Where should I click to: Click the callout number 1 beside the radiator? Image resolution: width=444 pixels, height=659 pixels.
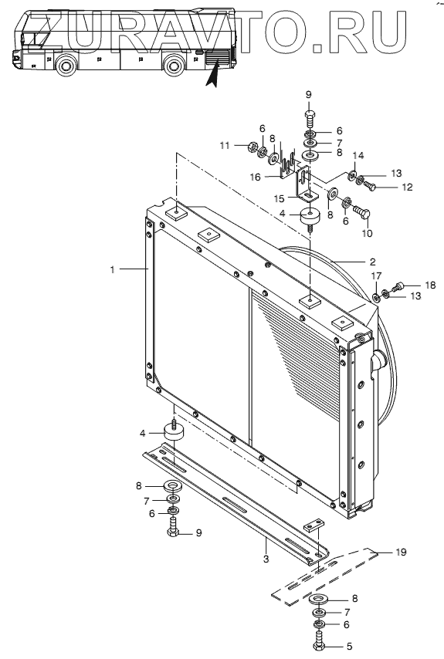coord(112,269)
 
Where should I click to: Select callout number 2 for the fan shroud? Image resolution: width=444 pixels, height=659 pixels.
coord(372,262)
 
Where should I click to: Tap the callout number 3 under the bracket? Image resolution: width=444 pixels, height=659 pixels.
coord(266,559)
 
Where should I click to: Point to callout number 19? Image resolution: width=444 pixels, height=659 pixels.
coord(401,552)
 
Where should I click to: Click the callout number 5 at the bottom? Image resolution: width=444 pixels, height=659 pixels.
coord(349,647)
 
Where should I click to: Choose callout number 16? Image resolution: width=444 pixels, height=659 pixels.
coord(256,177)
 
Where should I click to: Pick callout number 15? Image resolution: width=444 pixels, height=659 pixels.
coord(280,198)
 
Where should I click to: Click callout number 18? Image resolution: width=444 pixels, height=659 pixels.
coord(430,285)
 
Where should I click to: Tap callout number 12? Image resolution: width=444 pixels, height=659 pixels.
coord(407,187)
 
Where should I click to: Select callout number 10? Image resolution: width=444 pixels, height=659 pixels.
coord(367,233)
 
